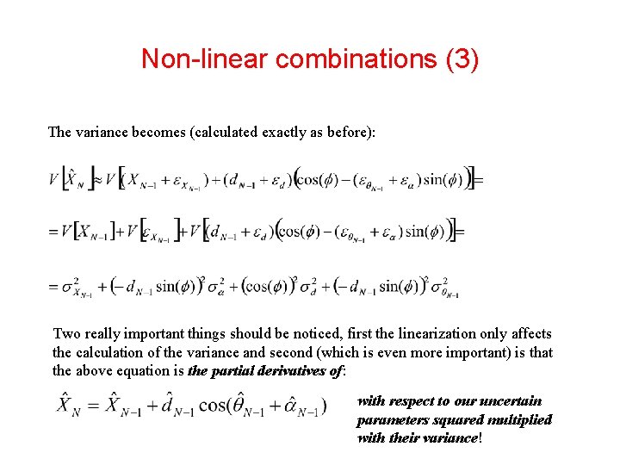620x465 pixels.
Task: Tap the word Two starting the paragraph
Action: pos(66,333)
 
